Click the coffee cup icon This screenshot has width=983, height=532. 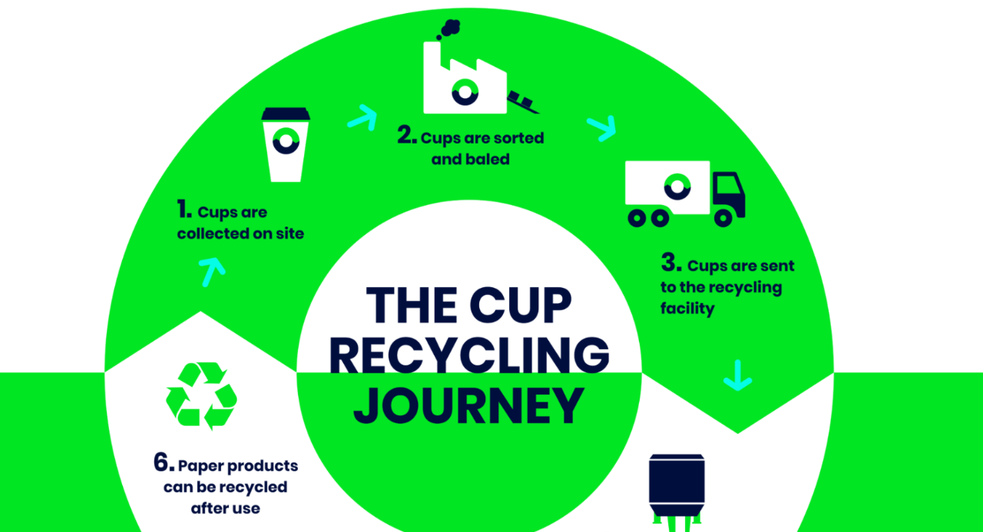286,146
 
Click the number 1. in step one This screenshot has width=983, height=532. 184,210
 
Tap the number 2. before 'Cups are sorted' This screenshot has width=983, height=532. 407,137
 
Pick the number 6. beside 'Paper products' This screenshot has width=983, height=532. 163,463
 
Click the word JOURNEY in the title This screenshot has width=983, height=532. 468,406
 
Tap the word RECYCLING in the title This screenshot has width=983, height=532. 468,355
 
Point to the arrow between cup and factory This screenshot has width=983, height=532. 362,117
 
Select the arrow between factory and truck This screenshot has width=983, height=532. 601,127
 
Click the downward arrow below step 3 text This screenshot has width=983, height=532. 737,375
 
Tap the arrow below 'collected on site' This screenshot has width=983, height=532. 212,271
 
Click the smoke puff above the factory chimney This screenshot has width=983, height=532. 449,29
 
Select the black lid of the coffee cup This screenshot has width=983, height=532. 286,114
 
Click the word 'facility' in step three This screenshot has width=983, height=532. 687,309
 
